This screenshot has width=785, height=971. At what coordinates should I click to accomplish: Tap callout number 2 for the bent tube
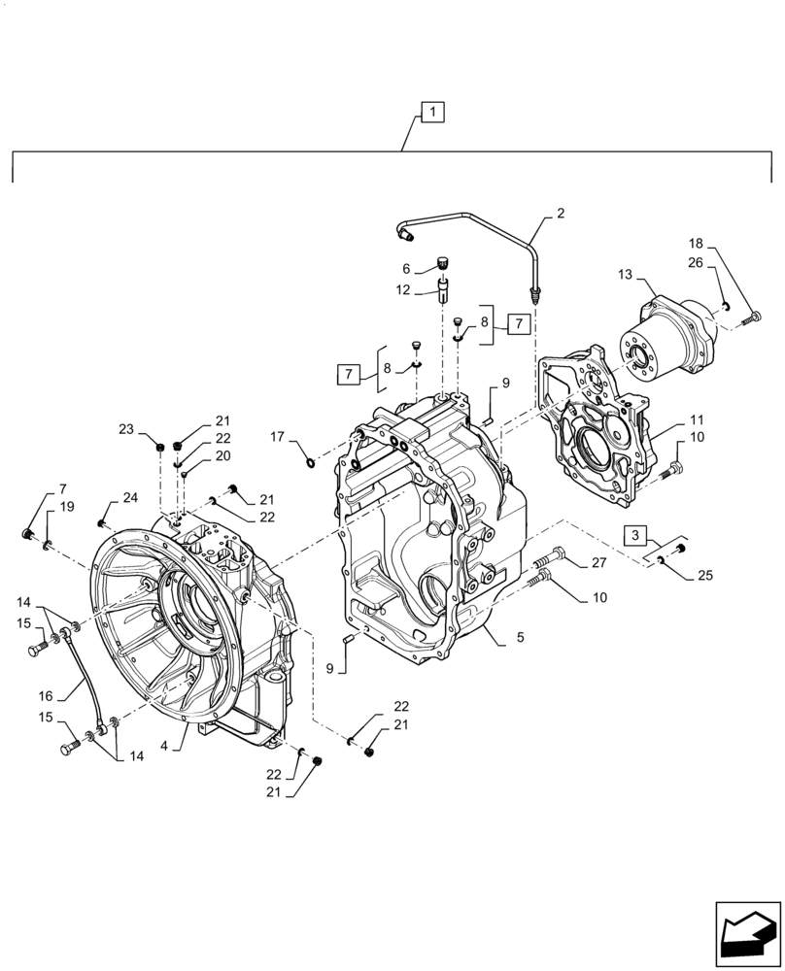[560, 212]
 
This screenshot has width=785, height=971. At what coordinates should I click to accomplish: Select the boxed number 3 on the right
[633, 535]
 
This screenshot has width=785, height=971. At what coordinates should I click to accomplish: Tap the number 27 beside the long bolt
[597, 562]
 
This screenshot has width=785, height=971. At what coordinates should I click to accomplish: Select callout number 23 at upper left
[126, 429]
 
